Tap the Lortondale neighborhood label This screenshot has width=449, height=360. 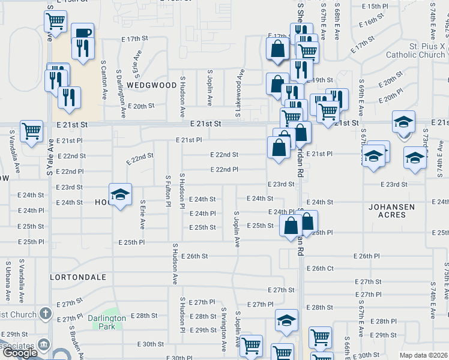tap(78, 277)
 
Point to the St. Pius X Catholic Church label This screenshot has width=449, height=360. tap(415, 50)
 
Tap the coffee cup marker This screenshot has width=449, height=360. tap(82, 33)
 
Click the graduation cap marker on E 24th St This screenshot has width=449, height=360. tap(121, 194)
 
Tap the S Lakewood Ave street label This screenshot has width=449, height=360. tap(239, 93)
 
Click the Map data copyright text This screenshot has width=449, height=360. tap(424, 355)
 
